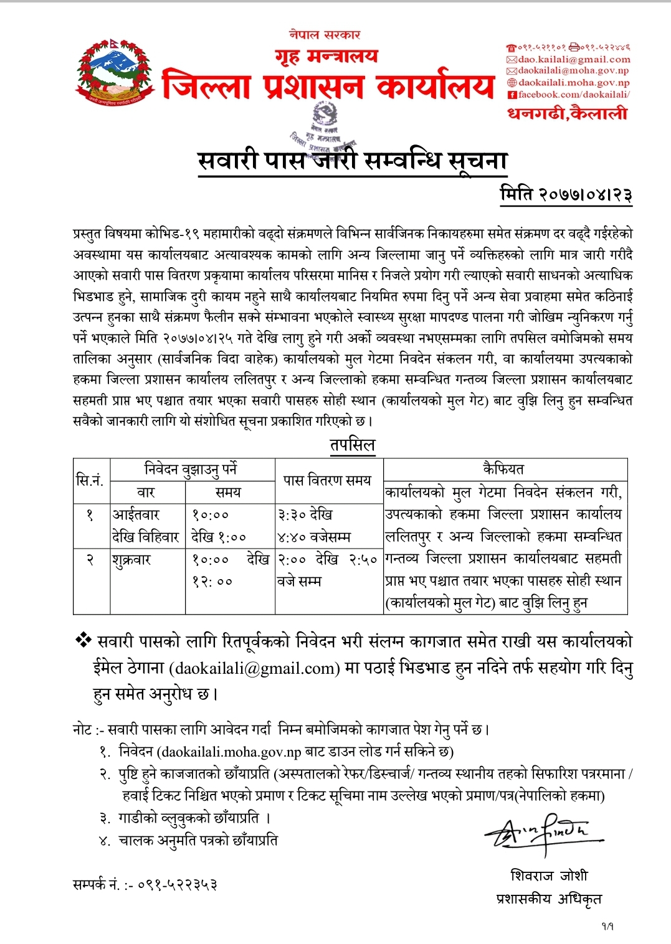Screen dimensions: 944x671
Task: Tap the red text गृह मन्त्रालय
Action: (x=326, y=56)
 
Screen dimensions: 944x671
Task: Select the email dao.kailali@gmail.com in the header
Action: (x=573, y=60)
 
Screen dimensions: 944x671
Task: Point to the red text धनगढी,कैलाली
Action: (x=567, y=113)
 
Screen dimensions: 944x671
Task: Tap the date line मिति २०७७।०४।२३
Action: (x=566, y=194)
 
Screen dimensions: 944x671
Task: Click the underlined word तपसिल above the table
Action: (x=353, y=445)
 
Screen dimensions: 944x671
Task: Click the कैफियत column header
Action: (x=504, y=469)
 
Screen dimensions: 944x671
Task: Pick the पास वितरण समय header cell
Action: (x=328, y=480)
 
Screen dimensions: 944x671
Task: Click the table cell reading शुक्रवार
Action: (x=132, y=560)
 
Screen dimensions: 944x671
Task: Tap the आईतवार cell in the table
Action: (x=136, y=515)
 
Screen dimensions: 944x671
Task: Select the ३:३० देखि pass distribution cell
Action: (x=305, y=515)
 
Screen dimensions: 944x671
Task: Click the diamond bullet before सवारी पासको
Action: (x=83, y=640)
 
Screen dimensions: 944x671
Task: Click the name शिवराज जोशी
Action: (x=549, y=876)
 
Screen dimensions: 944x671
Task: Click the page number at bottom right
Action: (x=607, y=926)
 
